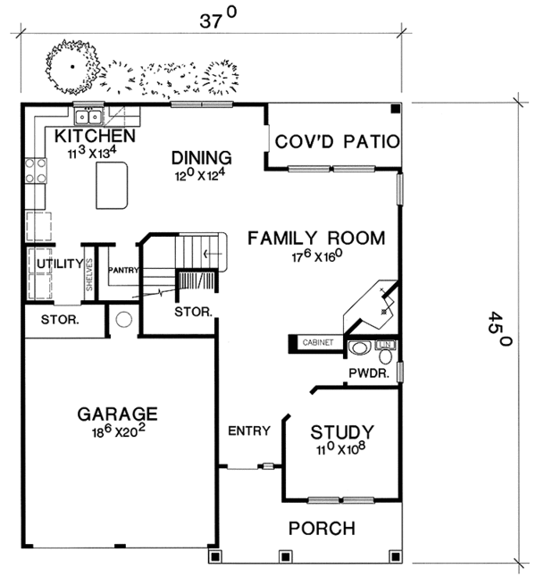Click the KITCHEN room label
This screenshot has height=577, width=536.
point(95,136)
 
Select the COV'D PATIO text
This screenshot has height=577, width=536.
point(336,142)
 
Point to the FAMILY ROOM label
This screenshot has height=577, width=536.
point(316,238)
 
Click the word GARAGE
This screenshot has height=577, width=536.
point(117,414)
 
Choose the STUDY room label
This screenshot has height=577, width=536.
point(342,433)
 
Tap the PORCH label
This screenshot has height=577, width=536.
point(322,529)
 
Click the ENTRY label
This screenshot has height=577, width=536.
point(248,431)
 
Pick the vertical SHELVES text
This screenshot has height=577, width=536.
point(89,273)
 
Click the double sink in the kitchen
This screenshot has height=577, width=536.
point(90,116)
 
